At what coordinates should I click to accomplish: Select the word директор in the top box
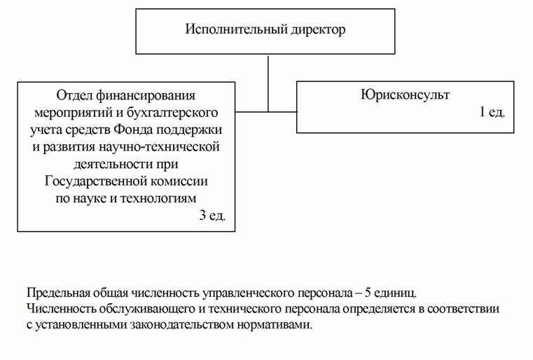(318, 29)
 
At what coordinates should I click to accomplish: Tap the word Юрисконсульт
(405, 95)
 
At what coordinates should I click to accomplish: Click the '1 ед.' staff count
(492, 112)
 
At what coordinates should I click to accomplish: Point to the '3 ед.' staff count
(212, 216)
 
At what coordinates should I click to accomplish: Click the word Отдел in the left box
(74, 95)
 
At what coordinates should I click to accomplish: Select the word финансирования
(146, 96)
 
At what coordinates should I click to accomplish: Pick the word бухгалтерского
(172, 113)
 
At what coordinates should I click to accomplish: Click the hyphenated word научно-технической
(160, 147)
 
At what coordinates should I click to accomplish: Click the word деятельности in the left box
(113, 164)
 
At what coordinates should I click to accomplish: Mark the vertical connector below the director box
(268, 83)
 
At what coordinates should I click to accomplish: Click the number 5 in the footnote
(368, 293)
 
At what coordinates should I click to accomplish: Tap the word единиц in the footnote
(395, 293)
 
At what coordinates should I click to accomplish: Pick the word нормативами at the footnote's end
(275, 325)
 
